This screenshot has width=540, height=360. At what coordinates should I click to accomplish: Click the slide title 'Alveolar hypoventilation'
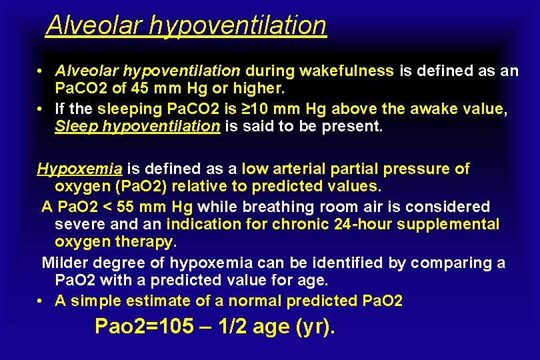coord(186,25)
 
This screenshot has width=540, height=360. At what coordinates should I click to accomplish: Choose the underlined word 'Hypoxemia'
coord(70,169)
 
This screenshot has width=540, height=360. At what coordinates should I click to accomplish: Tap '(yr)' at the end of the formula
coord(315,327)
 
